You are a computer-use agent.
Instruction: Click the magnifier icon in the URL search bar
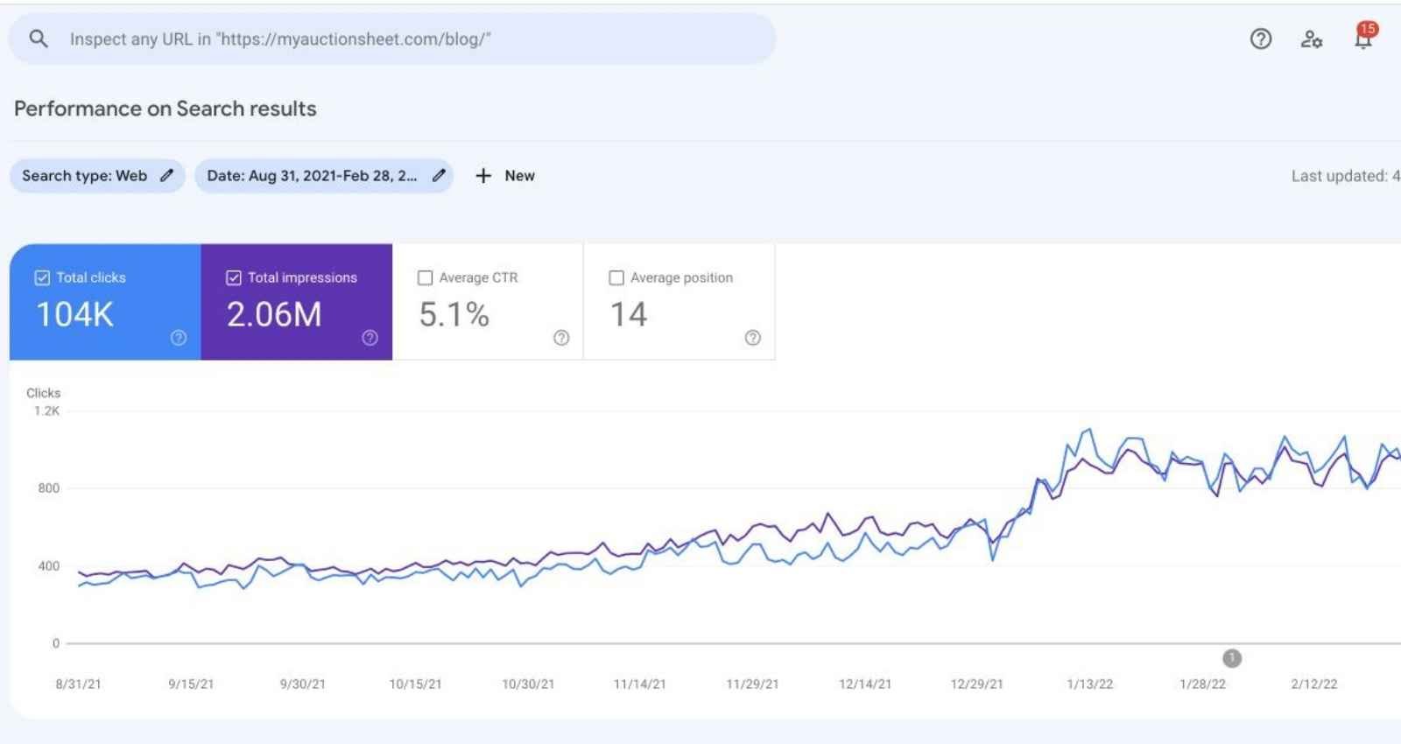39,39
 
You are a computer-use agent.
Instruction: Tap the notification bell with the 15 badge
1363,39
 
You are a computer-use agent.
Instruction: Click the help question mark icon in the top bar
1261,39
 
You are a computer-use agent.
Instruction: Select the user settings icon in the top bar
1311,39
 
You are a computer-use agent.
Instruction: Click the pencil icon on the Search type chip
166,175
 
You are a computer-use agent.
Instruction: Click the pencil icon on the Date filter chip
439,175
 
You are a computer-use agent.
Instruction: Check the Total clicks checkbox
42,277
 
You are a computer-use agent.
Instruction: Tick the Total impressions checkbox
234,277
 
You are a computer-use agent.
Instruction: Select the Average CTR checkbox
426,277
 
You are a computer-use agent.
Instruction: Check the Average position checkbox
616,277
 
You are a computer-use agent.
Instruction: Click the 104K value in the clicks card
75,314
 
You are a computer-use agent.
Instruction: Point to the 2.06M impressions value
274,314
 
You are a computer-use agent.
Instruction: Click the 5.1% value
454,314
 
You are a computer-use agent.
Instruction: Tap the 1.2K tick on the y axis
47,411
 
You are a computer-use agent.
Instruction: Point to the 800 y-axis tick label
49,488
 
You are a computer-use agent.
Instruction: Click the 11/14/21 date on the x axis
640,684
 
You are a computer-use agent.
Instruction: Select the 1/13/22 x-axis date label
1090,684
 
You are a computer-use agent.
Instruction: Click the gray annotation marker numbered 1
1232,658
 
